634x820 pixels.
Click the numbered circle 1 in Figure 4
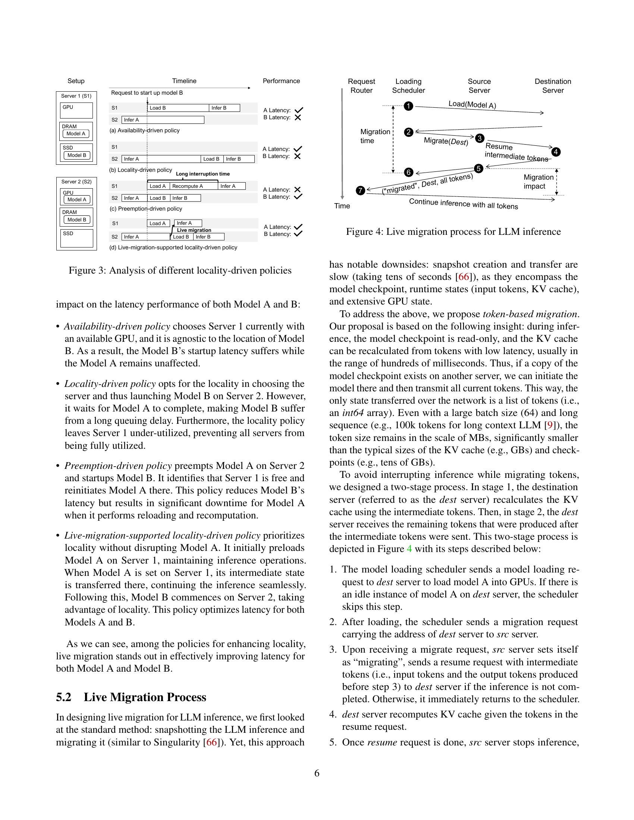tap(408, 106)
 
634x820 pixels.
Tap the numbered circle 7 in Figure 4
tap(360, 191)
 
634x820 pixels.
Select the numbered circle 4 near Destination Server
tap(556, 152)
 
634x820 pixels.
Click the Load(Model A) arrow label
tap(472, 105)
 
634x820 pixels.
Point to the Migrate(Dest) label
tap(446, 142)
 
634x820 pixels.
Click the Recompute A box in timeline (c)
tap(193, 186)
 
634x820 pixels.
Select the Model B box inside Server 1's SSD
tap(76, 155)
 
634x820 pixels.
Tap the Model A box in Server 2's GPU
tap(76, 199)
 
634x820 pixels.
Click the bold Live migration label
tap(194, 230)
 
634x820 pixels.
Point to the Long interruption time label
tap(203, 174)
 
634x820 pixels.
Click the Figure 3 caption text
tap(180, 270)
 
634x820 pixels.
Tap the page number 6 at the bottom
tap(317, 773)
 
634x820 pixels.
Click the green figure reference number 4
tap(409, 549)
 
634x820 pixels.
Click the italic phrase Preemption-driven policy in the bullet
tap(118, 466)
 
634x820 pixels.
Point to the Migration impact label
tap(538, 182)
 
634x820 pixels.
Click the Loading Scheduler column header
tap(408, 86)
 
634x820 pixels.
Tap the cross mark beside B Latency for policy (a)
tap(298, 117)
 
